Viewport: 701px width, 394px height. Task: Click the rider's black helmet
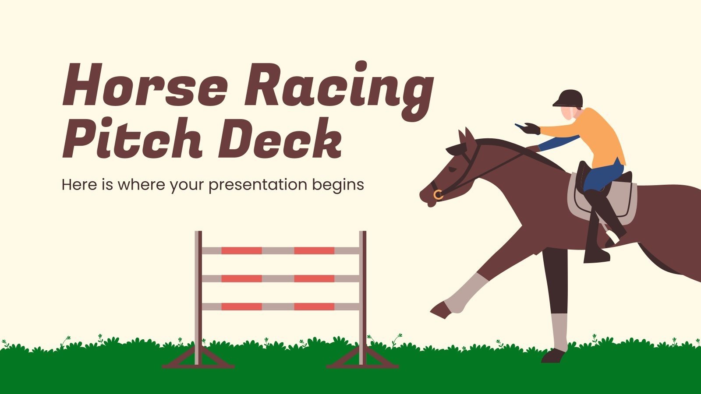tap(568, 98)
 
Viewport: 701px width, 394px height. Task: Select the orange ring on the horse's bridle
tap(438, 195)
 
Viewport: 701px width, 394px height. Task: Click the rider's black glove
tap(531, 129)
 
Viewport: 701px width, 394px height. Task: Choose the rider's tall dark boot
tap(596, 228)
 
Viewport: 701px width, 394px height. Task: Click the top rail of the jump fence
tap(280, 251)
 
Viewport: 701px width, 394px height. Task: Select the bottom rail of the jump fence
tap(280, 306)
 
